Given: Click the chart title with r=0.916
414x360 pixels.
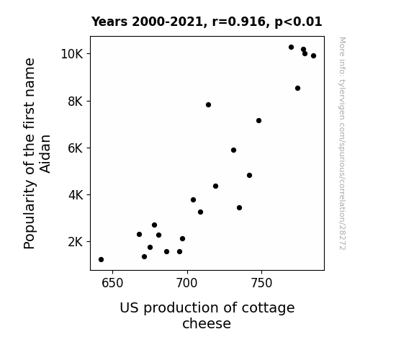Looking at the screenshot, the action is [207, 22].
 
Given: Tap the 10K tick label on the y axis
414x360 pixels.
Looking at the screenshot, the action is [72, 54].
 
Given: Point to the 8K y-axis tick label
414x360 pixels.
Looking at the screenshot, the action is [76, 101].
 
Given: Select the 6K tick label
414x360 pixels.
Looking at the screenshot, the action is [76, 148].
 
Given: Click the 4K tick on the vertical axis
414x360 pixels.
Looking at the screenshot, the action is [76, 195].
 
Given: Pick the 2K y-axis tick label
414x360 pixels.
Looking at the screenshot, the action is [76, 242].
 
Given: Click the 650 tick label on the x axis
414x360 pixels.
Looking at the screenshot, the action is [112, 283].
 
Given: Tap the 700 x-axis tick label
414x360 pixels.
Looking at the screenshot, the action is [187, 283].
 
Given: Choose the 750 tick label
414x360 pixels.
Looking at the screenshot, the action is [261, 283].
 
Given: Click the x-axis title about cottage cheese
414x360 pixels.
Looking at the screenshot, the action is [207, 315].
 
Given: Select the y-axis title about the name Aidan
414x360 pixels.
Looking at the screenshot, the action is [37, 153].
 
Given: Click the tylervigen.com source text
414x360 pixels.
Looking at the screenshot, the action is [342, 143].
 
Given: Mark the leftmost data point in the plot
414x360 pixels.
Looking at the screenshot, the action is [101, 260].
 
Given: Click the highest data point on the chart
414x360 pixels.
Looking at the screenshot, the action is [291, 48].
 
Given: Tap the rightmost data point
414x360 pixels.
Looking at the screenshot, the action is [313, 55].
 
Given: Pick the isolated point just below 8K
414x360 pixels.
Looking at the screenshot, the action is [208, 105].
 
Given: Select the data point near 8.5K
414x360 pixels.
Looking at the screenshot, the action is [297, 89].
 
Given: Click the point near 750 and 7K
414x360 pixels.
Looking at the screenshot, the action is [258, 121].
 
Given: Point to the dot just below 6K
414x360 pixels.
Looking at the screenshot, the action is [233, 150].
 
